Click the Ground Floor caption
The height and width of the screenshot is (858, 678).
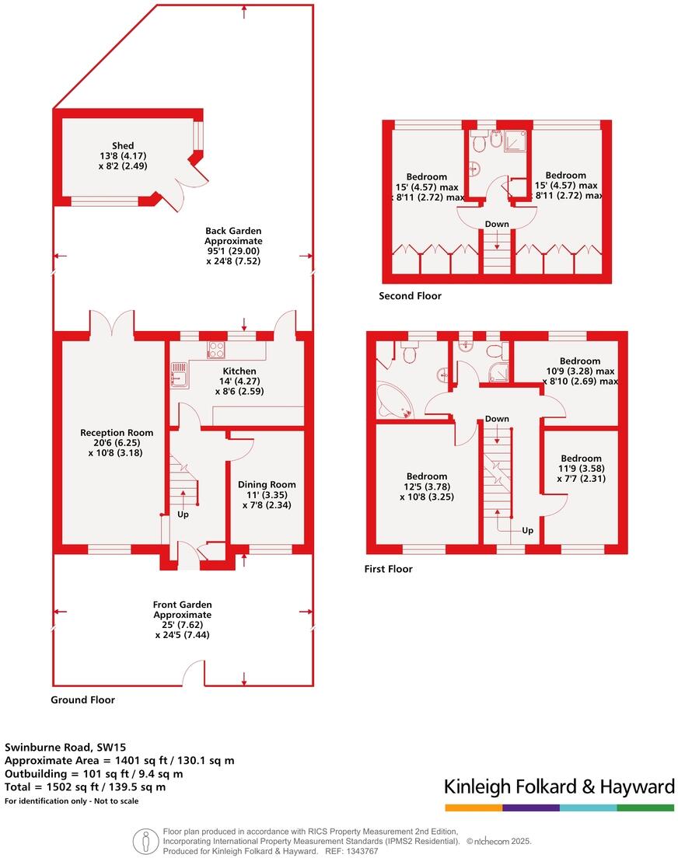[82, 700]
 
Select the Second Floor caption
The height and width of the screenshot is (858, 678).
[410, 296]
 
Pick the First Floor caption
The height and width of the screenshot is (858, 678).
[388, 569]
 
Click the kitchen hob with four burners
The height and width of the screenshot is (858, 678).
[216, 351]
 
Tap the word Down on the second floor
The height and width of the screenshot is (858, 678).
[497, 225]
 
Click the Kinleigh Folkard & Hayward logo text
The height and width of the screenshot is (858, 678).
[558, 786]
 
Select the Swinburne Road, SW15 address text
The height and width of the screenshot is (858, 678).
[60, 747]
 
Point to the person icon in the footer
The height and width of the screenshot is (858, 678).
[144, 840]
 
